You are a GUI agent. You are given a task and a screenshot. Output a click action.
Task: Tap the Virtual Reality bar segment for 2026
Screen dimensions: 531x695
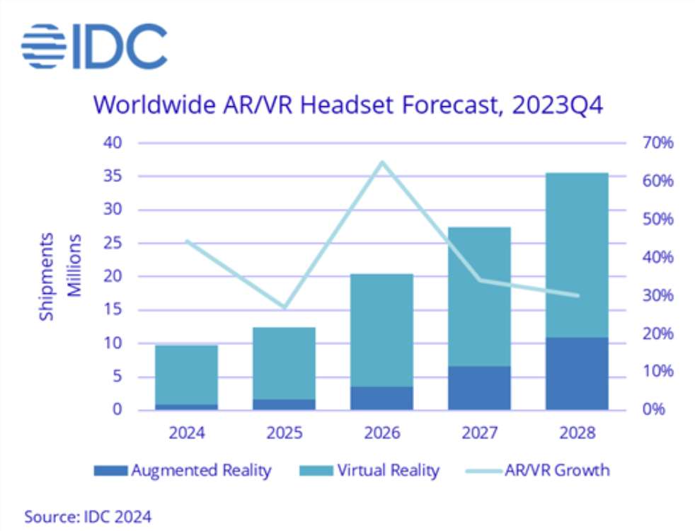coord(382,330)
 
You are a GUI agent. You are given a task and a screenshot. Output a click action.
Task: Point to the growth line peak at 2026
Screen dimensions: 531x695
coord(382,163)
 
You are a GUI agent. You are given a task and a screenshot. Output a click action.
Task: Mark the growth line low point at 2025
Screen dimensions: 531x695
coord(285,307)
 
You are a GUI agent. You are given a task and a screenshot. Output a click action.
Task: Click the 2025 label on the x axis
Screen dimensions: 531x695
coord(285,433)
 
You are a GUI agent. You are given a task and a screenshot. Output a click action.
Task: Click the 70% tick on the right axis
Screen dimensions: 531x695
coord(655,143)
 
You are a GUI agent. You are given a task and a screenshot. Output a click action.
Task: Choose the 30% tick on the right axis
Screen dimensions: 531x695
coord(655,296)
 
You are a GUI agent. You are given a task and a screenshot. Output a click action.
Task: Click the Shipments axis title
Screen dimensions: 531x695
coord(47,276)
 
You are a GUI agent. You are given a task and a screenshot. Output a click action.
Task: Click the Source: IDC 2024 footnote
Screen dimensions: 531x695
coord(88,516)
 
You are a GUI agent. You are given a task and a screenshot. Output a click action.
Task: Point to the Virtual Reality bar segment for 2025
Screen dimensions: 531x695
coord(285,362)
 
